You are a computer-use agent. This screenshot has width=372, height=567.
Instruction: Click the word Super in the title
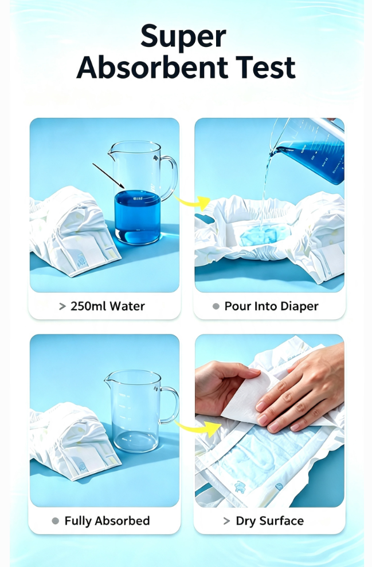183,37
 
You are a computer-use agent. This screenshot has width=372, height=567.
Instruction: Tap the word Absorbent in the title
152,68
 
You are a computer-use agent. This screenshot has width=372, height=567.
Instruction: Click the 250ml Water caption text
108,306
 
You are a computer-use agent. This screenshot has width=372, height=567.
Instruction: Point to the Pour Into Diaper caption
271,306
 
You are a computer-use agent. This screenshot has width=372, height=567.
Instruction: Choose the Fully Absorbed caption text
107,521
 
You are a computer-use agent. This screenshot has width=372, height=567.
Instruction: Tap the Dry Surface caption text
269,521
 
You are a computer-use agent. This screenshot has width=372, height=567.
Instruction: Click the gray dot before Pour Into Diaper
216,307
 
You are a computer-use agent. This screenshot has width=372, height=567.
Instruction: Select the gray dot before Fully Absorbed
56,521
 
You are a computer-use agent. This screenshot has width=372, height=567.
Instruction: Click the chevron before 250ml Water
62,307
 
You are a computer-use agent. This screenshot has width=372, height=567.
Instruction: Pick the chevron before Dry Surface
227,521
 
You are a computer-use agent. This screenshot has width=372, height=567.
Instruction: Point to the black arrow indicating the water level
108,176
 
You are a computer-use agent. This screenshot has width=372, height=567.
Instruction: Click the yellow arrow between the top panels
193,203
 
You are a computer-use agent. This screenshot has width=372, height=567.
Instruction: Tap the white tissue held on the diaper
250,398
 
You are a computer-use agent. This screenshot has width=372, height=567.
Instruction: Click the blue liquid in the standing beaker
138,217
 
